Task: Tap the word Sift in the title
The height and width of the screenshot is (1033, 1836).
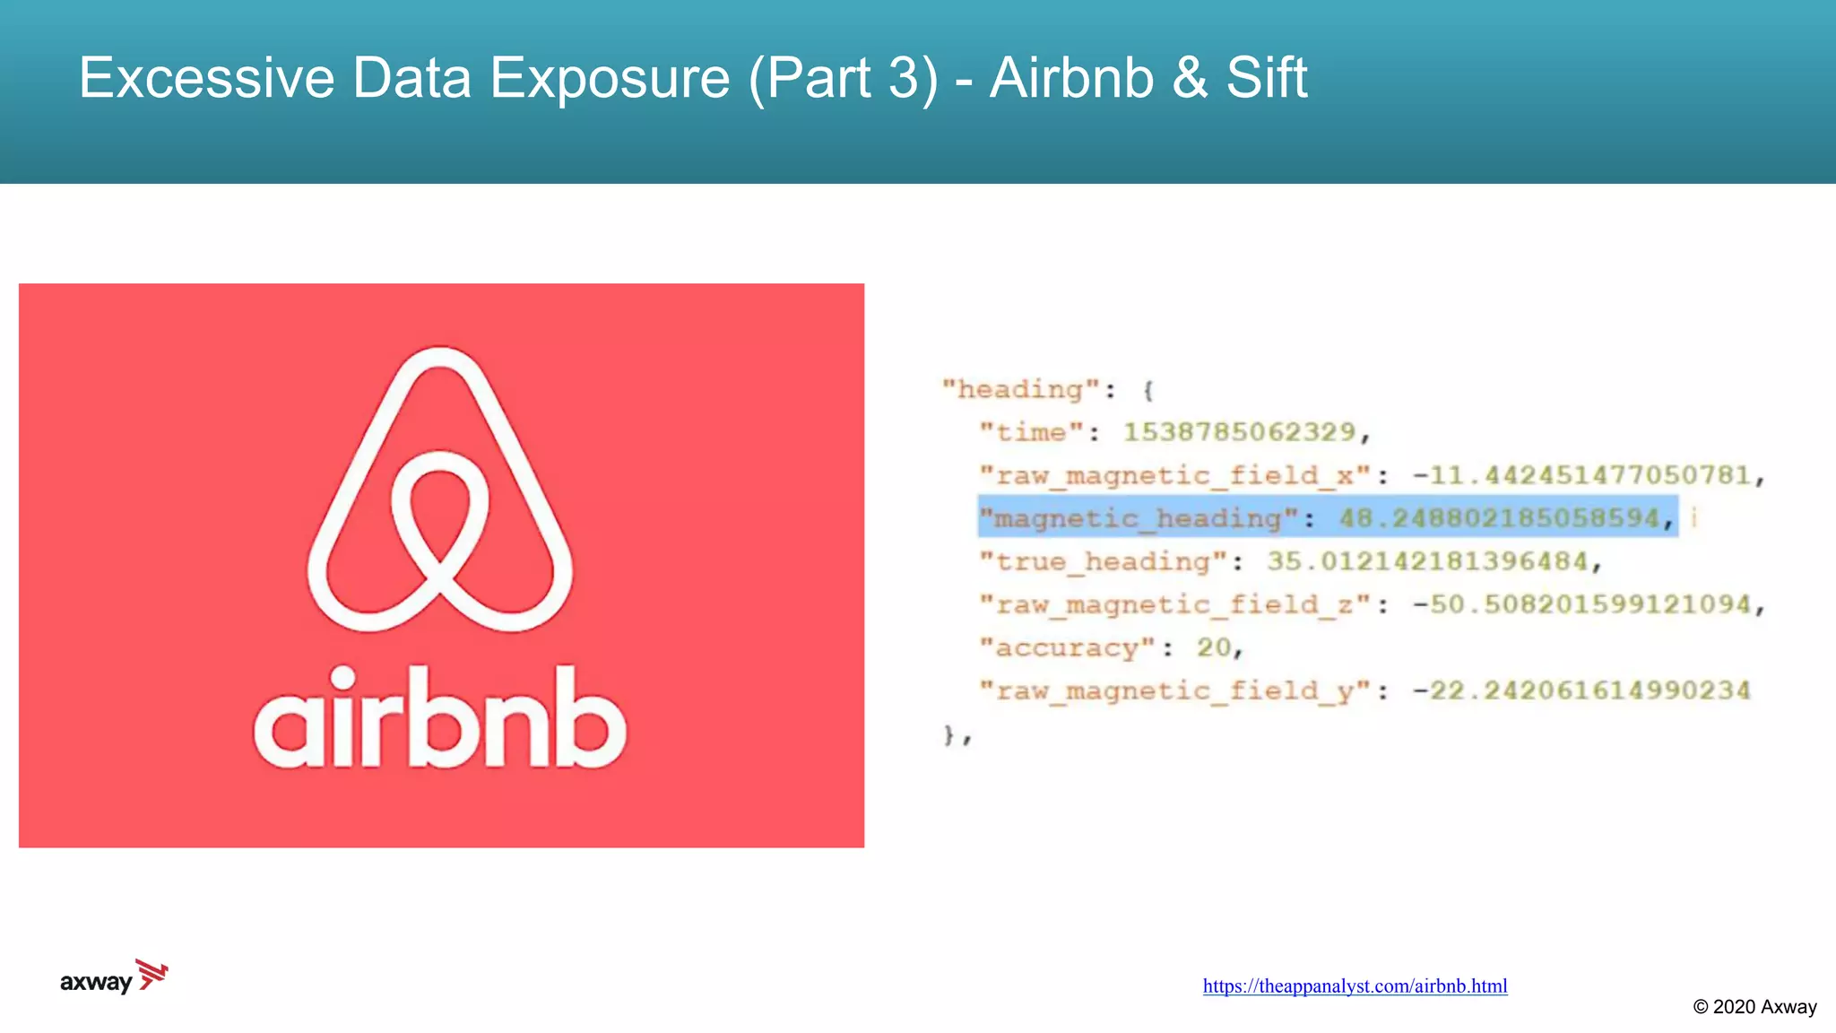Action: pos(1266,78)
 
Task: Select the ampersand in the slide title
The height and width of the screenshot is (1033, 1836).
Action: pos(1190,78)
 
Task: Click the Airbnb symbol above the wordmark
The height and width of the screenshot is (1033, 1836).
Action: pos(439,489)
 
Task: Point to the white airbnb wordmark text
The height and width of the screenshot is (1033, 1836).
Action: pos(439,717)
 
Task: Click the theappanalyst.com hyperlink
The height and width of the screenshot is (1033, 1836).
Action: pos(1355,986)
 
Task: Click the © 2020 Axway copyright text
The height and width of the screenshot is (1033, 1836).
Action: pos(1754,1007)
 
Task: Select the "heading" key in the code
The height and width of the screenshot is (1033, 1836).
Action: pos(1020,390)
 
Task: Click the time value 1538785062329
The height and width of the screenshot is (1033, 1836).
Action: pos(1240,432)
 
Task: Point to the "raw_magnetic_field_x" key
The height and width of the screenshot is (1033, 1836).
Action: pos(1174,475)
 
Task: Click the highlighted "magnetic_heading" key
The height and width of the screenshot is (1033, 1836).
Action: pos(1139,518)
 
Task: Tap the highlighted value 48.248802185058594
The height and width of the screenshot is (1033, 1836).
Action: pos(1499,518)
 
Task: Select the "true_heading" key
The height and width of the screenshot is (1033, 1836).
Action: pos(1103,562)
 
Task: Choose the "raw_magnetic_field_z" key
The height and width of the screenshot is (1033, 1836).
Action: pos(1174,605)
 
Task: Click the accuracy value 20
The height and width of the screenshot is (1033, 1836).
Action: pos(1214,647)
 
